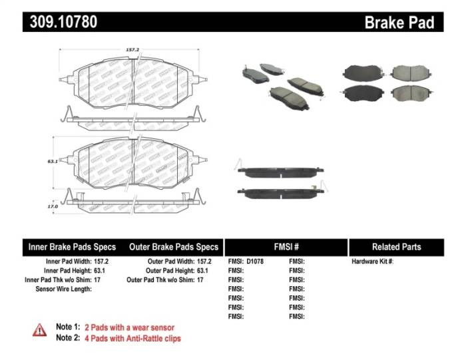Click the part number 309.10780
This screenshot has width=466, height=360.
click(x=64, y=22)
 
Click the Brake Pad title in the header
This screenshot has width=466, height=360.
click(x=399, y=23)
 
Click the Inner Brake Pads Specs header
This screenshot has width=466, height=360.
click(x=72, y=247)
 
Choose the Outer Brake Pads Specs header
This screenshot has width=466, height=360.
click(x=170, y=247)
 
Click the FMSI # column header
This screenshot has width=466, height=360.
click(x=286, y=247)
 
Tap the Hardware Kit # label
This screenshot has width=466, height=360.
click(x=372, y=262)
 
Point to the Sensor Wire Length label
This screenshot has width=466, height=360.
click(x=63, y=289)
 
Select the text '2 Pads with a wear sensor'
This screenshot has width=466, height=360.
click(x=129, y=327)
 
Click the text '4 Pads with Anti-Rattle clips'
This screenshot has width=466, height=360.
click(x=132, y=338)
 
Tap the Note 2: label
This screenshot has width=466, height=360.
click(x=67, y=338)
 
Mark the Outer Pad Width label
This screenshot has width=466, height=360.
click(x=170, y=262)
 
